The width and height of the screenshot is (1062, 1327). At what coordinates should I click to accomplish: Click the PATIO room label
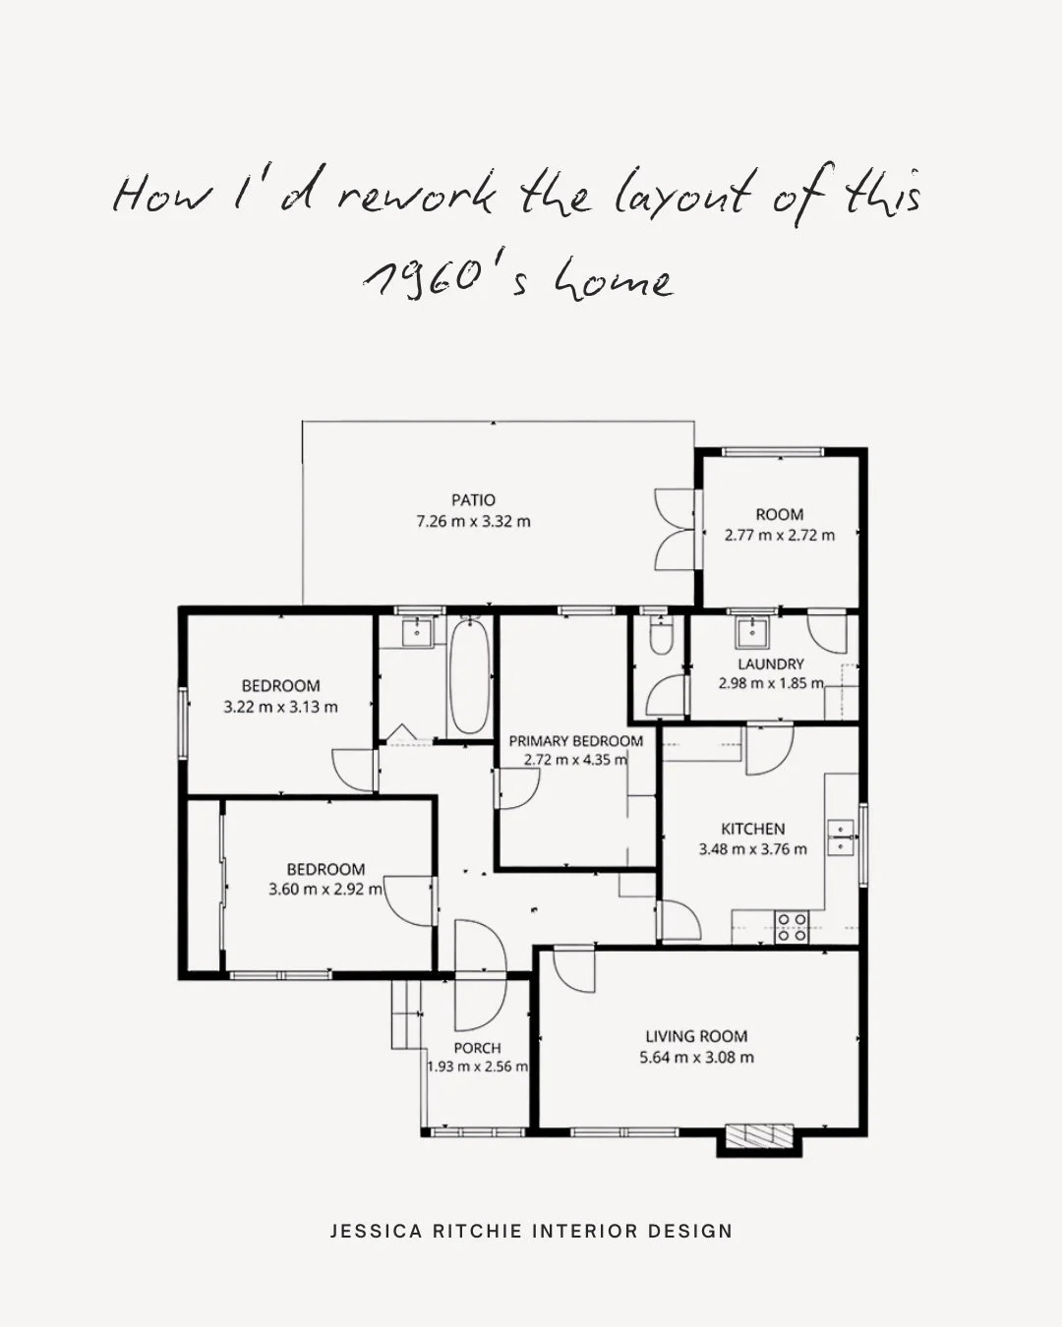(x=473, y=500)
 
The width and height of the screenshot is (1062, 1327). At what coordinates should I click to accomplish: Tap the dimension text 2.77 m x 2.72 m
(x=779, y=536)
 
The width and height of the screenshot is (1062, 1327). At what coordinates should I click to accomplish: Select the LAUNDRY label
(x=771, y=664)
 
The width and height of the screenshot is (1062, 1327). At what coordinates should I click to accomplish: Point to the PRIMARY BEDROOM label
(x=575, y=741)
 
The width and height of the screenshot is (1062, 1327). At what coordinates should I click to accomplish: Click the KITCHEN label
(x=752, y=829)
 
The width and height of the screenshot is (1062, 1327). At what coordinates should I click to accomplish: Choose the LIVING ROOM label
(x=696, y=1036)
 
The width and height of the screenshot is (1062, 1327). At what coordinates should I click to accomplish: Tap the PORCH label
(x=477, y=1048)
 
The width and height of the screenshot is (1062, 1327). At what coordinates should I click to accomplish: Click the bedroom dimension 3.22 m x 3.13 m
(x=280, y=707)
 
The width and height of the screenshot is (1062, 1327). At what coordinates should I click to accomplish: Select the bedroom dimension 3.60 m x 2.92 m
(x=325, y=890)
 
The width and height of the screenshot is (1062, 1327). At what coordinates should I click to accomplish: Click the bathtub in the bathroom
(x=470, y=675)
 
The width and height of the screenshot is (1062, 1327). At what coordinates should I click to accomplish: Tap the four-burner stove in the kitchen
(x=792, y=927)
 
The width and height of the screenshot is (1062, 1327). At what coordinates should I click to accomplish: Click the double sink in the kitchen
(x=841, y=837)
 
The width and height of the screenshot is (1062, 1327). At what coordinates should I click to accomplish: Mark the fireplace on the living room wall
(x=759, y=1136)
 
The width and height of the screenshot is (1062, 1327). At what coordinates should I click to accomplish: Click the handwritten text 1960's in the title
(x=447, y=281)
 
